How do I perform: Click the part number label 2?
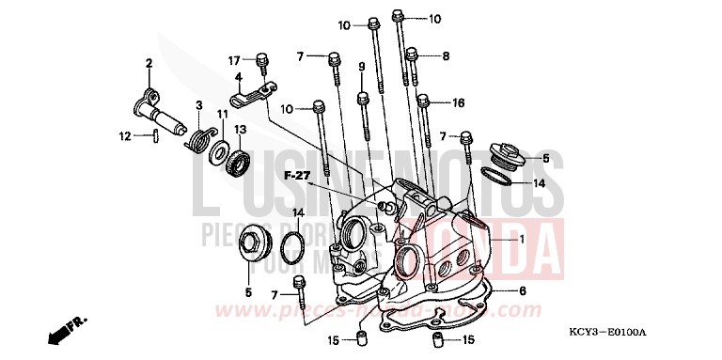point(149,63)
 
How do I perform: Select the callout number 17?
point(235,61)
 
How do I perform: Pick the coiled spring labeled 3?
point(198,140)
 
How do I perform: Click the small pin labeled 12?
point(154,136)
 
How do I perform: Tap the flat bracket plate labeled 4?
point(251,93)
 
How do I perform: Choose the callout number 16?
point(459,102)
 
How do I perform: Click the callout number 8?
point(446,55)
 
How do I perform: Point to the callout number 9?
point(361,65)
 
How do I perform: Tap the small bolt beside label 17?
point(263,64)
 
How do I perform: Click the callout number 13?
point(241,129)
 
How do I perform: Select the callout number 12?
point(124,136)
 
